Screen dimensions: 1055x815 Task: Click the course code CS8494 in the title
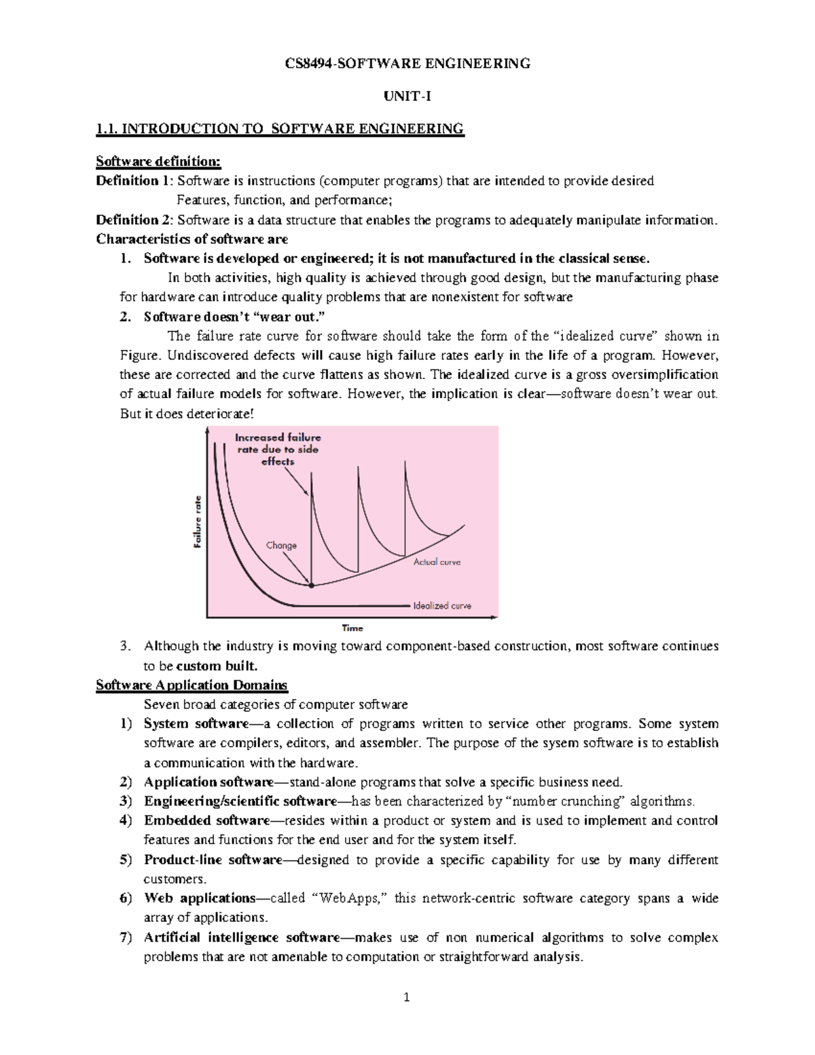click(x=306, y=64)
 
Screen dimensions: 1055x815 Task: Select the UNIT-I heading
click(x=407, y=96)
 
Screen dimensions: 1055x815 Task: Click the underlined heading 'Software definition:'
click(x=158, y=161)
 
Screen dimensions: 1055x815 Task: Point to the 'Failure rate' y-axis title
click(x=198, y=521)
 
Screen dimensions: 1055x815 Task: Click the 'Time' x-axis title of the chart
click(x=352, y=628)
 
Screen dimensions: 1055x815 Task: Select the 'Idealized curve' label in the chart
click(x=442, y=605)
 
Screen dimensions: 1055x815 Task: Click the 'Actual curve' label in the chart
click(x=437, y=562)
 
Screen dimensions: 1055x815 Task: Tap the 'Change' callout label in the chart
click(x=281, y=545)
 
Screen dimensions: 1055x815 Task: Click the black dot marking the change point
click(x=312, y=585)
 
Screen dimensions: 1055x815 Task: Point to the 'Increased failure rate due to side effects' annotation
click(x=278, y=449)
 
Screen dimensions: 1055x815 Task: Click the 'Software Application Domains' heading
click(x=192, y=685)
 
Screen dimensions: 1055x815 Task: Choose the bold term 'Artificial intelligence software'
click(x=241, y=937)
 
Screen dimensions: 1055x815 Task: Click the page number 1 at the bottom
click(x=407, y=997)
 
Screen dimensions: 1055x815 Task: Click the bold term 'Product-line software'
click(x=213, y=859)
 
